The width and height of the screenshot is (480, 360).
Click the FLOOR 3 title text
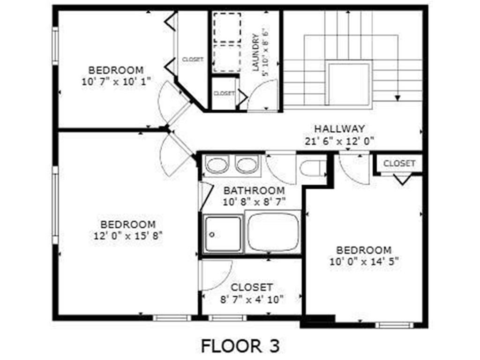pos(240,346)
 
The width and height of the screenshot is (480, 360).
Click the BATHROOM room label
pos(254,190)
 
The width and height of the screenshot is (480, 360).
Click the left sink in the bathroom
pos(217,165)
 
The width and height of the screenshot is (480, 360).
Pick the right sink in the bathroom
pos(246,165)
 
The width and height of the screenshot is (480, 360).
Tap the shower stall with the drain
pos(223,234)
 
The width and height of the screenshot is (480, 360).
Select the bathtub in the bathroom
pos(273,232)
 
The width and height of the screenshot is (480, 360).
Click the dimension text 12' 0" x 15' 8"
pos(128,235)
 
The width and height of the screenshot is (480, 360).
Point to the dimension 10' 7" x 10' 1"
pos(116,81)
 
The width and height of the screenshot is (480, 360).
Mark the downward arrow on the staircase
pos(397,97)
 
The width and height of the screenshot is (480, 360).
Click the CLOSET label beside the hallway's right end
pos(399,164)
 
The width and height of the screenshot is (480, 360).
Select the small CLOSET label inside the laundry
pos(224,93)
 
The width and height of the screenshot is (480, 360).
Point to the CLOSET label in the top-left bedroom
pos(192,60)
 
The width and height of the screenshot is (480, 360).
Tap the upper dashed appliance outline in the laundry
pos(227,28)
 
